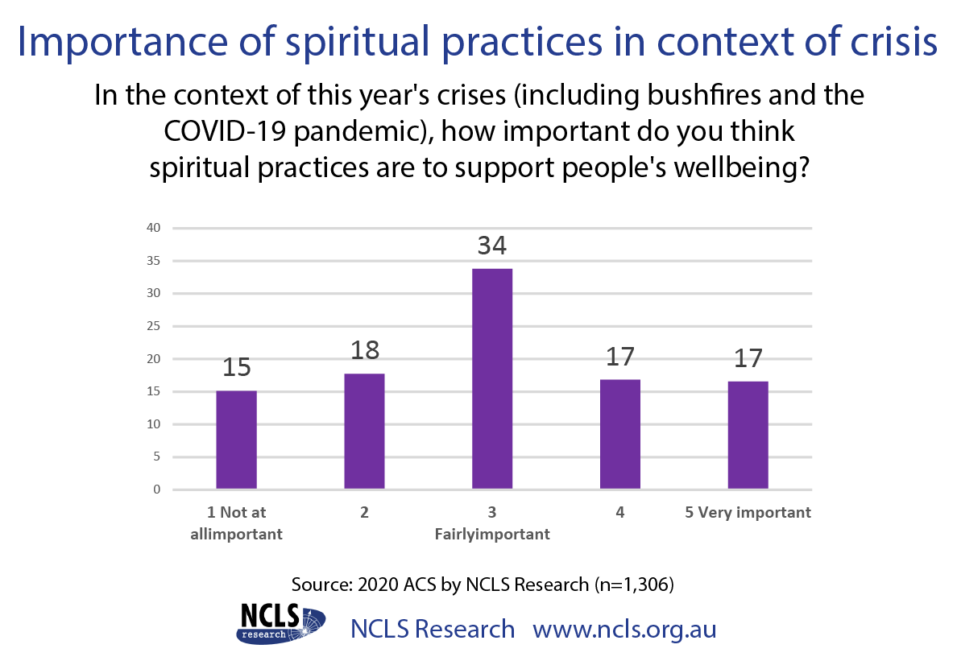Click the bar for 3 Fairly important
tap(492, 378)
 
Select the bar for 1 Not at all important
tap(236, 440)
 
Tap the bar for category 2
tap(364, 431)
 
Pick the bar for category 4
tap(620, 434)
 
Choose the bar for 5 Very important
tap(748, 436)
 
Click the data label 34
tap(492, 246)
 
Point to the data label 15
tap(237, 367)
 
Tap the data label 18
tap(365, 350)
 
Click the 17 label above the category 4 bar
tap(620, 357)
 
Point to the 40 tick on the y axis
tap(153, 228)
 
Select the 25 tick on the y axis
tap(153, 326)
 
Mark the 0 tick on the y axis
tap(157, 490)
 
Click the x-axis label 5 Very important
tap(748, 512)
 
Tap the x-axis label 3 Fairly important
tap(492, 523)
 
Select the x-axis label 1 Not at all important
tap(236, 523)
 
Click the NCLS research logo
tap(281, 623)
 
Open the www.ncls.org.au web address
tap(624, 630)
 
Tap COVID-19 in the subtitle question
tap(225, 131)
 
